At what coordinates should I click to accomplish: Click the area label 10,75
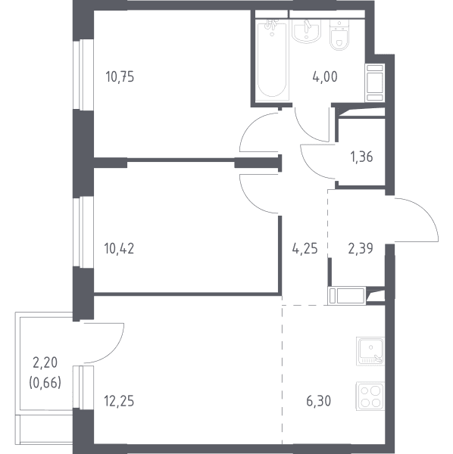click(x=120, y=77)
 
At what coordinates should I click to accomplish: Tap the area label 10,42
click(x=119, y=248)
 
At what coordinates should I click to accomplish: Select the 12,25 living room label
click(x=119, y=401)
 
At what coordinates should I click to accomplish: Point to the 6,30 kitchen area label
click(x=318, y=401)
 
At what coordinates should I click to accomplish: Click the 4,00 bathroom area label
click(x=325, y=77)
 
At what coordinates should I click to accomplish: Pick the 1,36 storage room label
click(x=361, y=157)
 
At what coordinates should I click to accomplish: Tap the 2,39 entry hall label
click(x=361, y=248)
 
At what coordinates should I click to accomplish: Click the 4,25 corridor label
click(x=305, y=248)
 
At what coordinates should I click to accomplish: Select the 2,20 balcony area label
click(x=45, y=362)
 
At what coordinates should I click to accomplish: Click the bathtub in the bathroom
click(x=272, y=61)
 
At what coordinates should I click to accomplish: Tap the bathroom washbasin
click(x=307, y=31)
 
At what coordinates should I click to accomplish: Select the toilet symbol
click(x=339, y=35)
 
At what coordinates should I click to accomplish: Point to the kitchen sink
click(x=370, y=350)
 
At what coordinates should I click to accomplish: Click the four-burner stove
click(x=370, y=396)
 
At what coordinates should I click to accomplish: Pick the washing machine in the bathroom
click(x=375, y=82)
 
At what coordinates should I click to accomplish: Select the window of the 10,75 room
click(x=83, y=75)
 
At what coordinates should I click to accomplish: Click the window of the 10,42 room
click(x=83, y=232)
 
